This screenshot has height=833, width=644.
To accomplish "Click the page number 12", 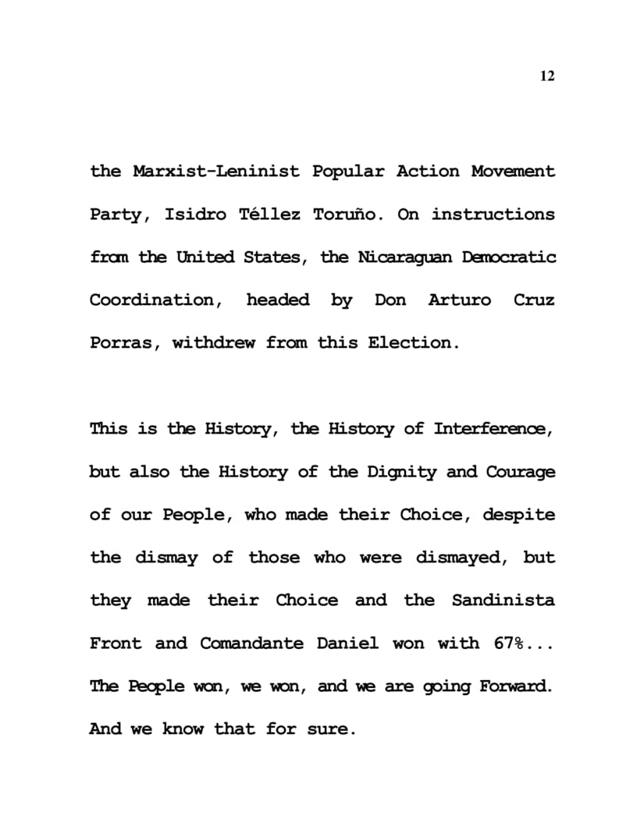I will (546, 76).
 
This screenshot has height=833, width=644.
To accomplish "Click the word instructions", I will (493, 214).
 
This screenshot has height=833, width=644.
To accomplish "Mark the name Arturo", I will (460, 300).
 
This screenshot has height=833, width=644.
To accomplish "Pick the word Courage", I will (521, 472).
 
